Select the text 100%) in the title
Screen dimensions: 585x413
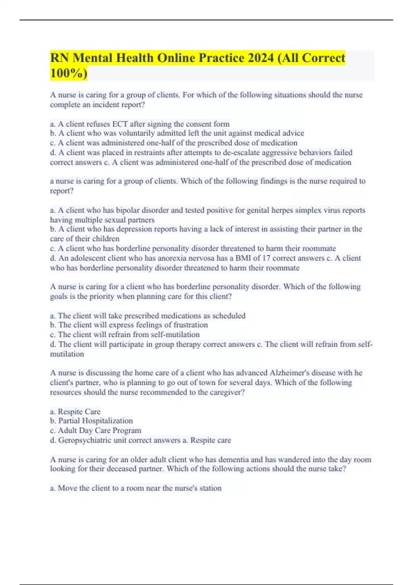click(68, 73)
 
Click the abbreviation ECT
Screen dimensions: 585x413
click(120, 124)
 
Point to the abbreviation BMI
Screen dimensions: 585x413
click(243, 258)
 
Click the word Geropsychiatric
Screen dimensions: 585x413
click(85, 440)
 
